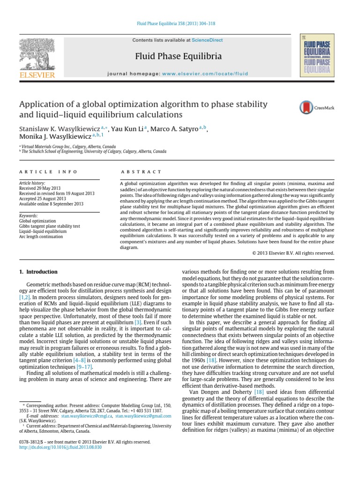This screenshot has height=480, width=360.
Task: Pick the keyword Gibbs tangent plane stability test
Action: click(49, 226)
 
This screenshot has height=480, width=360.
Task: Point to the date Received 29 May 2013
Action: click(40, 187)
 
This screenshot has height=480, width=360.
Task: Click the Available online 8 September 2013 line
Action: click(51, 204)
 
